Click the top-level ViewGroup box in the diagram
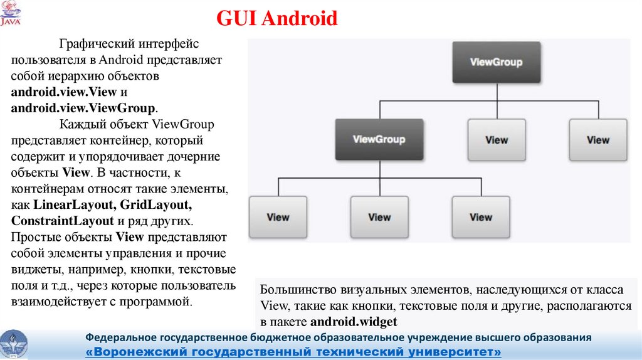496,62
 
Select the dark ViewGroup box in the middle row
379,139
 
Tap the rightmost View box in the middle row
597,140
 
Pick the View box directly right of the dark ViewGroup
497,140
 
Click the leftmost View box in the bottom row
278,217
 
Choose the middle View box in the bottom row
379,217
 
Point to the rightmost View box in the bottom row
481,217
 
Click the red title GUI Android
277,18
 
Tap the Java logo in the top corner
11,13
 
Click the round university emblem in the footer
13,344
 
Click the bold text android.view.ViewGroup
83,107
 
